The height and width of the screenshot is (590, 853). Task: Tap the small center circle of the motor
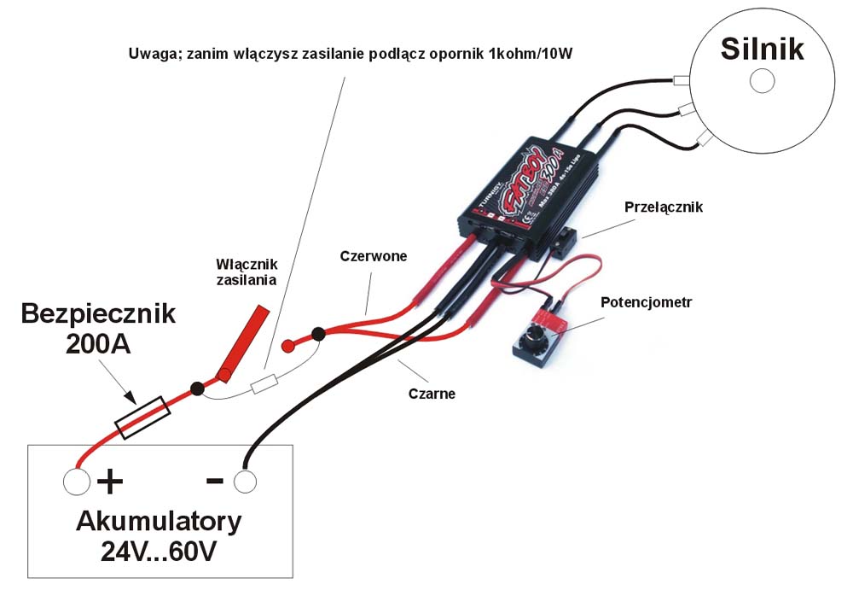pyautogui.click(x=761, y=81)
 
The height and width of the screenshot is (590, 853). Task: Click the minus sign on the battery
pyautogui.click(x=215, y=481)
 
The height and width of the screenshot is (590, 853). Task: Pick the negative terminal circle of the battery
pyautogui.click(x=244, y=482)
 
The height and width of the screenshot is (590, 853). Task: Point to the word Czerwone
pyautogui.click(x=373, y=255)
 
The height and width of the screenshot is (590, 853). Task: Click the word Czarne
pyautogui.click(x=432, y=394)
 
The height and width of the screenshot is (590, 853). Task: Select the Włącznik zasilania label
pyautogui.click(x=247, y=272)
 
